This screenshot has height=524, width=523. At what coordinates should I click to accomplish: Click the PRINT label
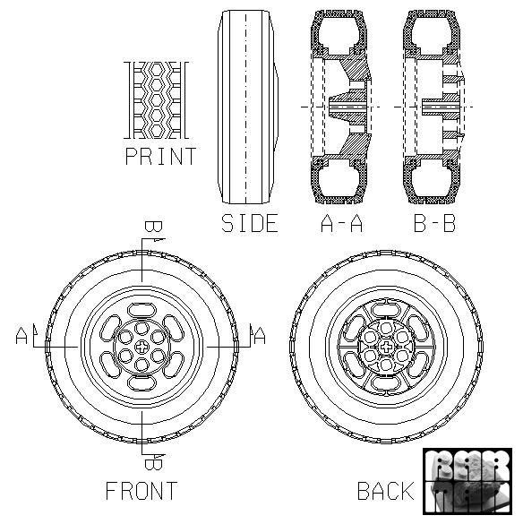click(160, 157)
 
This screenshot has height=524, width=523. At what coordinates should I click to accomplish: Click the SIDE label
click(250, 223)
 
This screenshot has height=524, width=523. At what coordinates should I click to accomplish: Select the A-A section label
click(340, 223)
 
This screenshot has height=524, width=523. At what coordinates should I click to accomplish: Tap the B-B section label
click(434, 223)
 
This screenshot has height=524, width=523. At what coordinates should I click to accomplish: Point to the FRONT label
click(141, 491)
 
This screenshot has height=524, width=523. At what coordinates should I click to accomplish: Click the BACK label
click(385, 491)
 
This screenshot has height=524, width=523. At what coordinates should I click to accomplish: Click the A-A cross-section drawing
click(340, 107)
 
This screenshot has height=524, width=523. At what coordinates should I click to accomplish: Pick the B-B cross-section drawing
click(435, 107)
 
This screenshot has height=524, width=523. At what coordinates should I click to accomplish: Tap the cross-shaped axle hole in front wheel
click(142, 345)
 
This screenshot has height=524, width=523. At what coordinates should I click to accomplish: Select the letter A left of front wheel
click(22, 337)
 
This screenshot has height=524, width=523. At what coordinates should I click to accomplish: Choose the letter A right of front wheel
click(260, 337)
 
